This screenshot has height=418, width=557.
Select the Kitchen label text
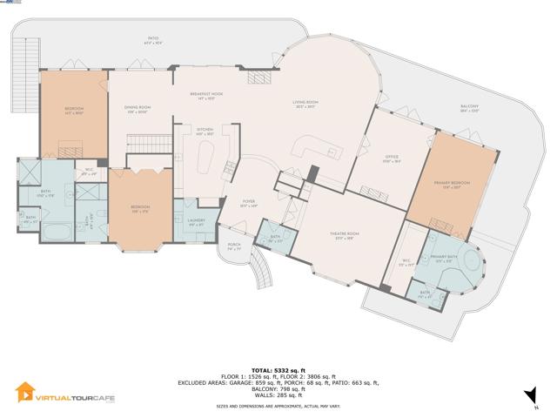(205, 131)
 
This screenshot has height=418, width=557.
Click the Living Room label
(304, 104)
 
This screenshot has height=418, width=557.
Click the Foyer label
(250, 205)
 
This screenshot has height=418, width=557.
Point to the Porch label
(233, 246)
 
